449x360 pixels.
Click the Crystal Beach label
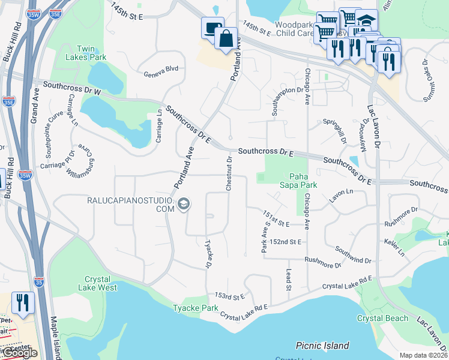tap(382, 318)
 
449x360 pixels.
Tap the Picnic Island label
tap(322, 346)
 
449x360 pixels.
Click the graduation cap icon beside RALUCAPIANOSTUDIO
tap(184, 205)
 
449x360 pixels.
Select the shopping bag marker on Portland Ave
tap(226, 38)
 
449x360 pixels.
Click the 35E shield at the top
tap(55, 11)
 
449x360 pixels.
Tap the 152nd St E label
tap(285, 241)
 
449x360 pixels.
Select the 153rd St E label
tap(230, 296)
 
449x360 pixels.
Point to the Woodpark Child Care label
tap(294, 29)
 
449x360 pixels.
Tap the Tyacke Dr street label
tap(208, 254)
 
